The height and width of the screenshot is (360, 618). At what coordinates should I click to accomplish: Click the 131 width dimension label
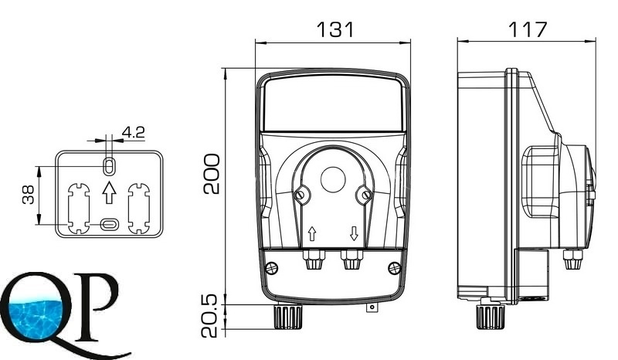335,29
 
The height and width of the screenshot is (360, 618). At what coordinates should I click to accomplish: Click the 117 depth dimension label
528,29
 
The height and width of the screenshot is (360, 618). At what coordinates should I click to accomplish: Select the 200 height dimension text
212,174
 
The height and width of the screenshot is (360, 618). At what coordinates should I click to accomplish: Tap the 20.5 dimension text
209,315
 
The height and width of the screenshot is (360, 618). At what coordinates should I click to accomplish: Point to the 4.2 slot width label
133,132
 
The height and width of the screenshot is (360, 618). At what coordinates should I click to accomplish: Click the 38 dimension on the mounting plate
29,195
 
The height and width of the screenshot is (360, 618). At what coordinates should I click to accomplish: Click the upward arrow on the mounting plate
109,192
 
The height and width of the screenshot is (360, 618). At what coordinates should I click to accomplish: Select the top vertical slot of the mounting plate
109,165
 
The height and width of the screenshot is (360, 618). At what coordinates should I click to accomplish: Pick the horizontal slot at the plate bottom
109,224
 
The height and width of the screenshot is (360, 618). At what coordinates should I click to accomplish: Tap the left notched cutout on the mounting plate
79,208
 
